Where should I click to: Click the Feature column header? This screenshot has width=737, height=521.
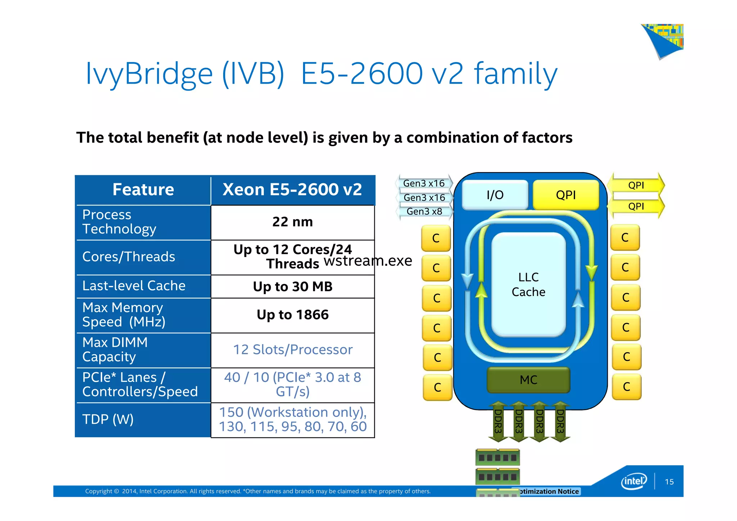[x=143, y=190]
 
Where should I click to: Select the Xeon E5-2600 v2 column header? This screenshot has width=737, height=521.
[x=292, y=190]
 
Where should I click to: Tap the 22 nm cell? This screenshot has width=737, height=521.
[x=292, y=222]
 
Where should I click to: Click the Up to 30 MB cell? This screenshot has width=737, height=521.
[x=292, y=287]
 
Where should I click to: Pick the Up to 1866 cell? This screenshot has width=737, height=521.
[x=292, y=315]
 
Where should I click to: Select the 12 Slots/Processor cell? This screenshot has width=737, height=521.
[x=292, y=350]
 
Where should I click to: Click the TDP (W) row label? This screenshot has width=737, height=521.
[x=108, y=419]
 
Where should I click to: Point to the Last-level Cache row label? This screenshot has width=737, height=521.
[x=134, y=286]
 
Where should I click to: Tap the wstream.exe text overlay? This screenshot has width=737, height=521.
[x=368, y=261]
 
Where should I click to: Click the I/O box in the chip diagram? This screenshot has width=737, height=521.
[x=495, y=195]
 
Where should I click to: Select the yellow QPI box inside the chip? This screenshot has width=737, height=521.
[x=566, y=195]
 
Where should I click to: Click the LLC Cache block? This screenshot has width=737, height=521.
[x=528, y=284]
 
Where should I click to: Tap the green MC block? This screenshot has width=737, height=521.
[x=528, y=380]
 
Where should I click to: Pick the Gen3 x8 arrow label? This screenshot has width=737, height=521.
[x=424, y=211]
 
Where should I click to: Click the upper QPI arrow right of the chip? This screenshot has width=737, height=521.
[x=636, y=185]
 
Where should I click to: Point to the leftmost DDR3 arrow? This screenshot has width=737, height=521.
[x=498, y=421]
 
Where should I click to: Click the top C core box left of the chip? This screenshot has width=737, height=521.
[x=436, y=238]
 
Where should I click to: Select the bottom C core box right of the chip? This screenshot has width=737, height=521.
[x=627, y=387]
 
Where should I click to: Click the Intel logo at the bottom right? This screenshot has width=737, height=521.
[x=634, y=481]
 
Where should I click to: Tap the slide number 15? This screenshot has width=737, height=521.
[x=669, y=482]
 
